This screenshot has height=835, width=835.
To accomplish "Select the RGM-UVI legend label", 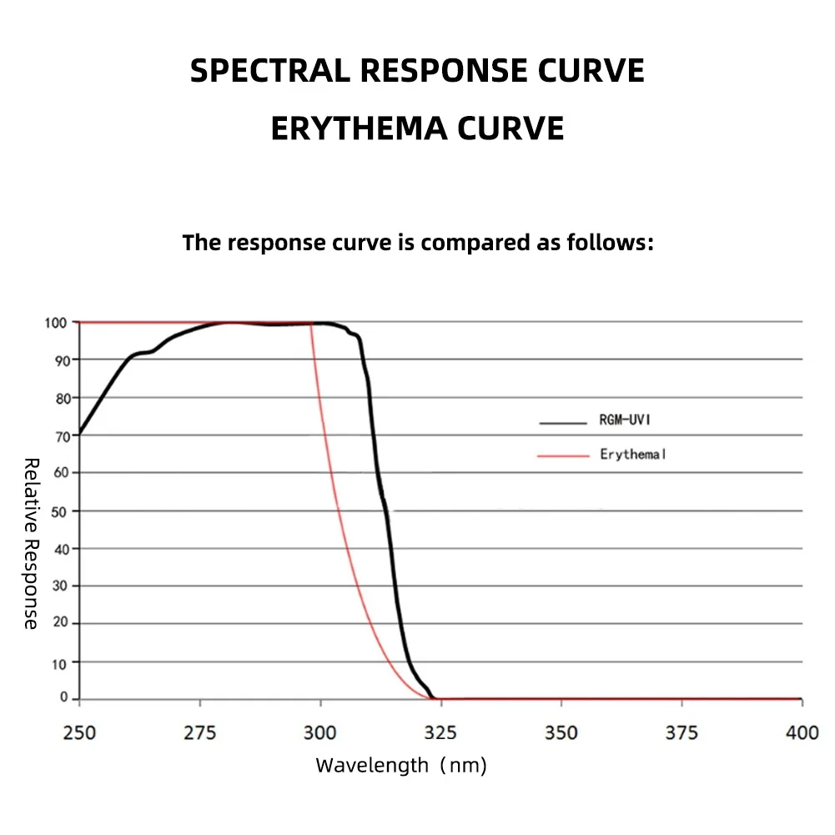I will click(623, 420).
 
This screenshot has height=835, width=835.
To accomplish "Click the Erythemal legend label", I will click(632, 455).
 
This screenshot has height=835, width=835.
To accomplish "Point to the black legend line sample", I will click(563, 423).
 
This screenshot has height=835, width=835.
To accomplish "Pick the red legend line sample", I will click(563, 455).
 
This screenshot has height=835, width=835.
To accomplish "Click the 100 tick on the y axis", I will click(57, 322).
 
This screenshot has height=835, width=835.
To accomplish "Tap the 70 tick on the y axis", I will click(61, 435).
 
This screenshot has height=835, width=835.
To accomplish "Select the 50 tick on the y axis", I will click(61, 511).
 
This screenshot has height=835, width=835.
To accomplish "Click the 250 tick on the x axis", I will click(79, 733).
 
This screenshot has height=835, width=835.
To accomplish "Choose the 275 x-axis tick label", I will click(199, 733).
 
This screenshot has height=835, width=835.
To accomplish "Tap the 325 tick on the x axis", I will click(440, 733).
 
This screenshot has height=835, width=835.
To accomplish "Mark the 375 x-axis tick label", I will click(682, 733).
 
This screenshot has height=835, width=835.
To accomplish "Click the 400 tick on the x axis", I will click(802, 733).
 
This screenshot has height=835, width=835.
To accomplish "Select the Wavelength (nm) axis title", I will click(400, 765).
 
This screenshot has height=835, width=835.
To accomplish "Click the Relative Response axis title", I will click(31, 543).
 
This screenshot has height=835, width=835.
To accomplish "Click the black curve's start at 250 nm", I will click(80, 433).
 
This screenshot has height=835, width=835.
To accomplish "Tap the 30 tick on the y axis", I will click(61, 586).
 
